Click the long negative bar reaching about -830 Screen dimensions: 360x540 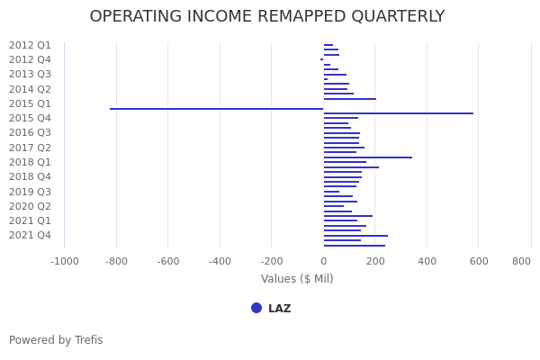(x=216, y=109)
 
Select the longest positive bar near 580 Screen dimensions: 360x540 (x=399, y=113)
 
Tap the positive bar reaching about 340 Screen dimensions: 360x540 (x=368, y=157)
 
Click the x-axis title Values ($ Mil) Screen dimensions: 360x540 (x=297, y=279)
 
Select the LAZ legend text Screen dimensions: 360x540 (x=279, y=309)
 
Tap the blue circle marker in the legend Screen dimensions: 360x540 (x=256, y=308)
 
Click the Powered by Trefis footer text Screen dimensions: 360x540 (x=56, y=340)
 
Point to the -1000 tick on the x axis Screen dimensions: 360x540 (x=64, y=261)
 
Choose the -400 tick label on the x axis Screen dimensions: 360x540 (x=220, y=261)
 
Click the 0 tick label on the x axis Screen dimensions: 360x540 (x=324, y=261)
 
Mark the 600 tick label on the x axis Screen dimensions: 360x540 (x=479, y=261)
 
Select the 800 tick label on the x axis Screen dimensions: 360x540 (x=521, y=261)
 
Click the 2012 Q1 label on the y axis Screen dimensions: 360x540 (x=30, y=45)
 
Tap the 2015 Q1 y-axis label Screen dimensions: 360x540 (x=30, y=103)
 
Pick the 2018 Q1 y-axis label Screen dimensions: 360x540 (x=30, y=162)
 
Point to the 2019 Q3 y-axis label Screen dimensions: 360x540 (x=30, y=192)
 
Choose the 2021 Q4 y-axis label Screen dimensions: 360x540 (x=30, y=235)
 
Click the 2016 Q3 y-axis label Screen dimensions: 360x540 (x=30, y=132)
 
